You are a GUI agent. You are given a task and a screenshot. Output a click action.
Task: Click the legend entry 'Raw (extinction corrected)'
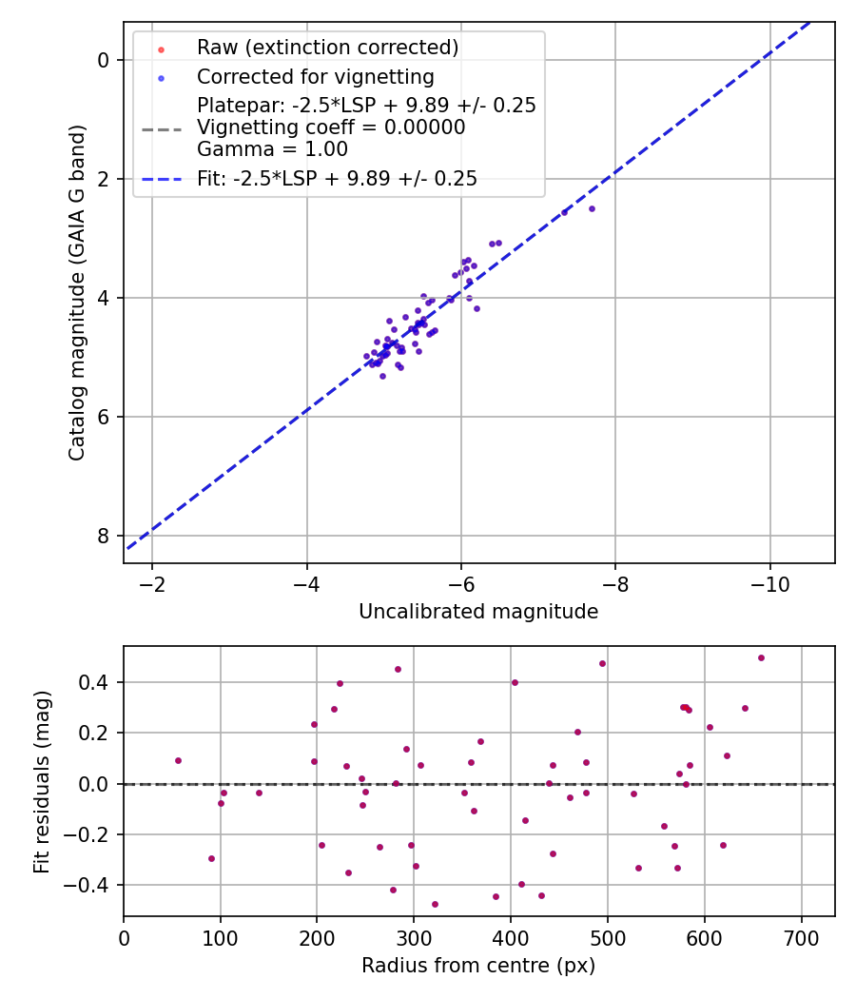coord(327,48)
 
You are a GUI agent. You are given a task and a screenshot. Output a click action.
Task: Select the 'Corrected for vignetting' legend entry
coord(315,77)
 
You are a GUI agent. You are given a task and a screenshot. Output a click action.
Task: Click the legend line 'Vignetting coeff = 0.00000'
coord(331,127)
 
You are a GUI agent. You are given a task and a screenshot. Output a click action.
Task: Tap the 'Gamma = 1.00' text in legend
coord(272,149)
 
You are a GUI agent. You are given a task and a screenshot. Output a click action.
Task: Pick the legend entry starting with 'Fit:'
coord(337,179)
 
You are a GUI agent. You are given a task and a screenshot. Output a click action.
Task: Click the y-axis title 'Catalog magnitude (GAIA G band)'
coord(78,292)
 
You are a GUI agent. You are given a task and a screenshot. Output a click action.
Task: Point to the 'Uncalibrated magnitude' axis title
coord(478,612)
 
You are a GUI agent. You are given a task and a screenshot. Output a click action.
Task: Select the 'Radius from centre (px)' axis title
coord(478,966)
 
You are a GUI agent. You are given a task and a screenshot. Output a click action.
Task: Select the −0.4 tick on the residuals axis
coord(96,886)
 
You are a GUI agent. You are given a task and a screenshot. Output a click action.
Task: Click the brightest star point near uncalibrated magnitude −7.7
coord(592,208)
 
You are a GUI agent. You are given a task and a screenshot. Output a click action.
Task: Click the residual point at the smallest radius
coord(178,760)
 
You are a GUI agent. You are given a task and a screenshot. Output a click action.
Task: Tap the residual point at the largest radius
coord(761,657)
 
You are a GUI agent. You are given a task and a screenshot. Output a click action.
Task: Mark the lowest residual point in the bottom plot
coord(435,904)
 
